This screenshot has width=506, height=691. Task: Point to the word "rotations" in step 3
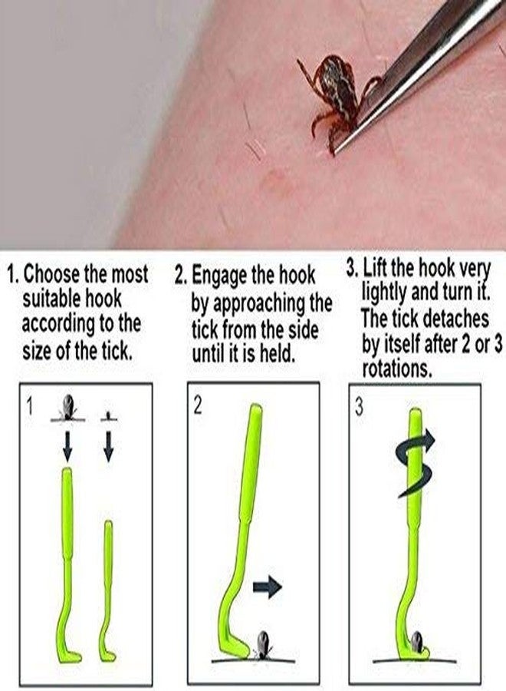click(395, 368)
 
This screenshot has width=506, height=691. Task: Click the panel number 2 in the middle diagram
click(197, 405)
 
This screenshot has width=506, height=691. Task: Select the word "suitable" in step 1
click(52, 297)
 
